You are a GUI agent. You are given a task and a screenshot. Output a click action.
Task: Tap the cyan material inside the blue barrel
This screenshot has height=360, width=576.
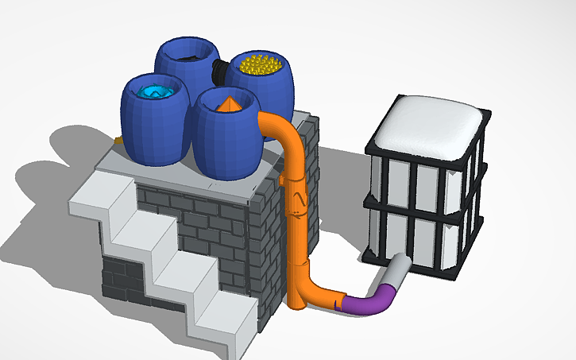tap(157, 93)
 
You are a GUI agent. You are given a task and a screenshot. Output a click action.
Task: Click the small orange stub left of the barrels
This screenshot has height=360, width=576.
tap(118, 141)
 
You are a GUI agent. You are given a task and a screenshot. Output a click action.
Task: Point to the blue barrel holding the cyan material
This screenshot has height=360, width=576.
tap(155, 127)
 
